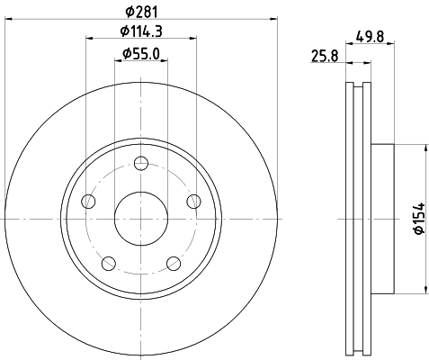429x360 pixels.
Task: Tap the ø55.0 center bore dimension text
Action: coord(141,55)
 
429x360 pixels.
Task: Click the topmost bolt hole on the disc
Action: coord(141,163)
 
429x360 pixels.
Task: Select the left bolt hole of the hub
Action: coord(88,202)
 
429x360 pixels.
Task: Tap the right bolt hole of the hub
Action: coord(194,202)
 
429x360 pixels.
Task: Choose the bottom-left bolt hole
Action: coord(109,264)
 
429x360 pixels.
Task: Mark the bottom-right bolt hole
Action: coord(174,264)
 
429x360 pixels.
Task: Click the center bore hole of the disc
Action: coord(141,218)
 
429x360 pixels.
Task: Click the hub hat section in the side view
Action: coord(381,218)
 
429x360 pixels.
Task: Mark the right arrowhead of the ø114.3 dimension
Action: coord(192,39)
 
